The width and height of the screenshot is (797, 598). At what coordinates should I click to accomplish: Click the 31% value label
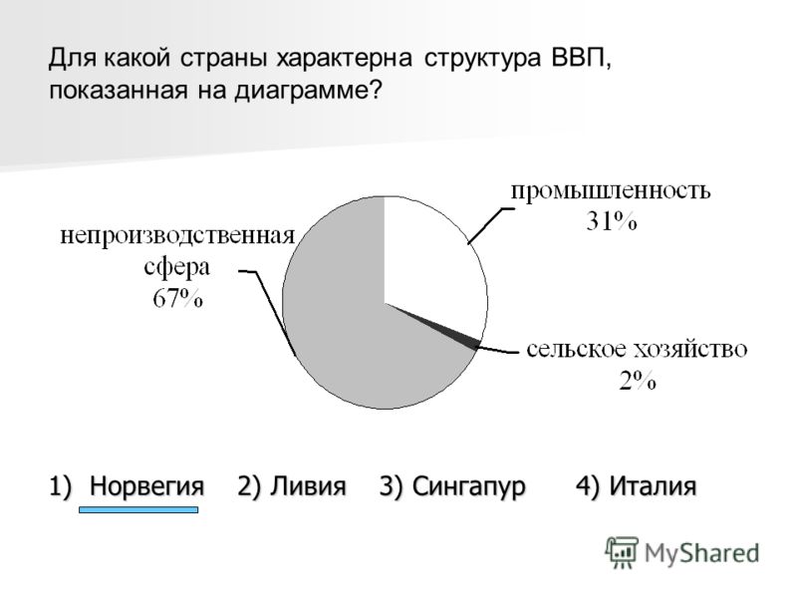pyautogui.click(x=611, y=221)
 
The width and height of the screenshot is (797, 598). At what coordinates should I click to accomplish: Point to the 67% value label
pyautogui.click(x=177, y=298)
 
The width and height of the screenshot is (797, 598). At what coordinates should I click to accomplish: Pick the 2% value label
pyautogui.click(x=638, y=380)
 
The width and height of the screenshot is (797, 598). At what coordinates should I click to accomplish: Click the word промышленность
pyautogui.click(x=611, y=191)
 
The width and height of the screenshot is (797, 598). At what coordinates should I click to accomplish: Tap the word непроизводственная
pyautogui.click(x=177, y=236)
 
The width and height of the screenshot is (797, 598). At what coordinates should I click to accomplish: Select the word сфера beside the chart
pyautogui.click(x=177, y=268)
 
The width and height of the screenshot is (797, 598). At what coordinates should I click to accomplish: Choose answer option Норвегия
pyautogui.click(x=146, y=485)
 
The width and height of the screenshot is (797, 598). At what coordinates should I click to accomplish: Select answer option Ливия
pyautogui.click(x=308, y=485)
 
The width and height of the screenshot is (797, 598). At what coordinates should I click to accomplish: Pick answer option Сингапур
pyautogui.click(x=468, y=486)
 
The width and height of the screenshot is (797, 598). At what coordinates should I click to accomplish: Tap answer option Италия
pyautogui.click(x=653, y=485)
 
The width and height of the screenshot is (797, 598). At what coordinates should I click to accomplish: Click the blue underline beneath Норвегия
pyautogui.click(x=138, y=509)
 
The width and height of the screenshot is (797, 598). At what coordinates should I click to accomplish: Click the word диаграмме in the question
pyautogui.click(x=308, y=92)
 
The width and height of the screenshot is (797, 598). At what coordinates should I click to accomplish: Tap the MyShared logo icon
pyautogui.click(x=621, y=552)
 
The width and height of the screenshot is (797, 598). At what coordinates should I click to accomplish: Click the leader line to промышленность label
pyautogui.click(x=490, y=226)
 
